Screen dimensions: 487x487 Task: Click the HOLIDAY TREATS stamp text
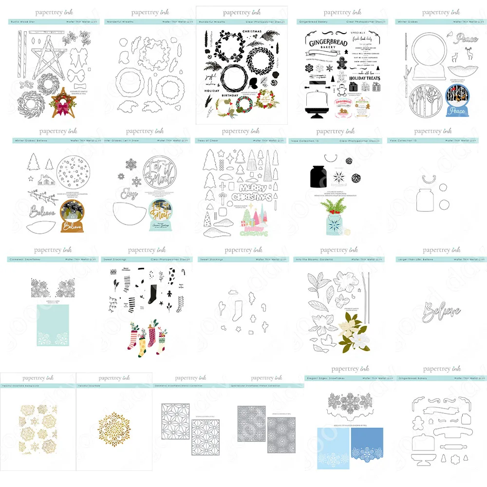363,78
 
